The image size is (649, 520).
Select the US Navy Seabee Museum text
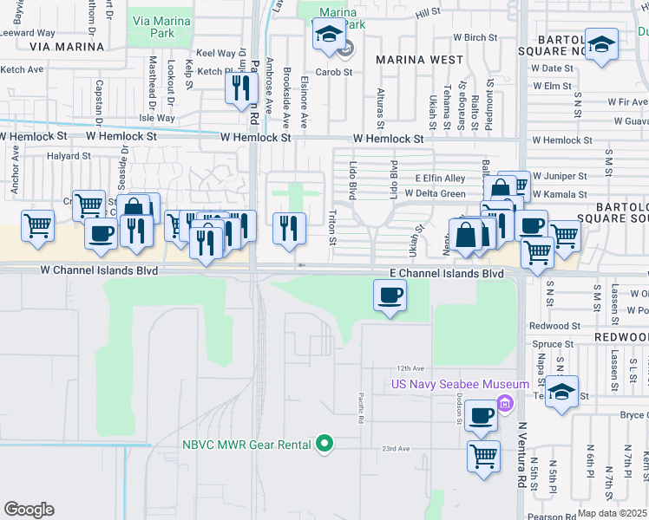point(460,385)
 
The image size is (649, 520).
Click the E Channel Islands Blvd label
point(446,273)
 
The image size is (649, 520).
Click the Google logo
point(29,510)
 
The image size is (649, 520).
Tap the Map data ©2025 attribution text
point(612,513)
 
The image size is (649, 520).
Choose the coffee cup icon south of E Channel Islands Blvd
point(390,296)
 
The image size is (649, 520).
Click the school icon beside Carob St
point(329,36)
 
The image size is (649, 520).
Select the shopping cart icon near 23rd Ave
point(483,454)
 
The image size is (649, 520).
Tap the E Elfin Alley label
point(440,178)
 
